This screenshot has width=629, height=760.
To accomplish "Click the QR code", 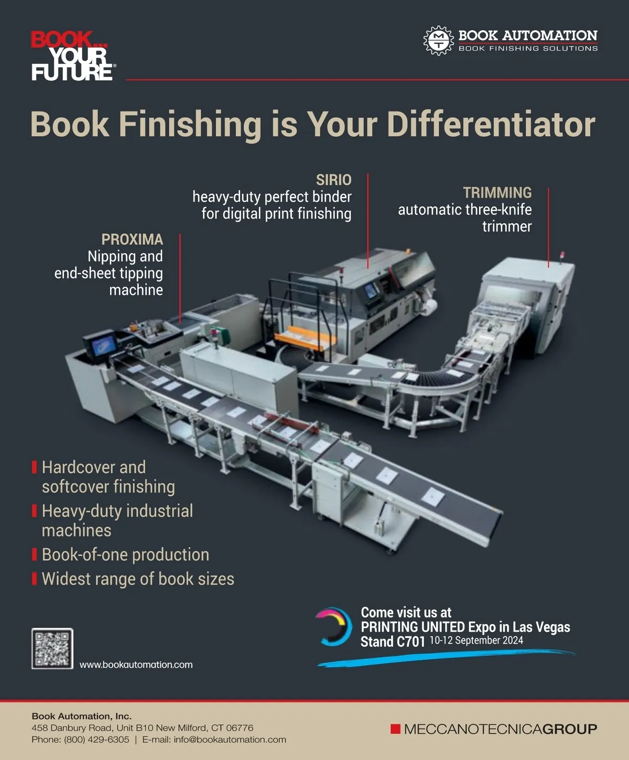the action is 52,649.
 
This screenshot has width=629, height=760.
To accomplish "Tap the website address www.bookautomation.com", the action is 136,665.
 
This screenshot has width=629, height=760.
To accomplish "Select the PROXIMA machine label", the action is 132,240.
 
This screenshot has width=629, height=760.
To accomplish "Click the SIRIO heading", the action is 334,180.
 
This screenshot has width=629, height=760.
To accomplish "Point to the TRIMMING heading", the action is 497,192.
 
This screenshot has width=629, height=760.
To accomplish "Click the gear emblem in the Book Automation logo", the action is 439,40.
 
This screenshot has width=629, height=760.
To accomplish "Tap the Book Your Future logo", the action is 73,56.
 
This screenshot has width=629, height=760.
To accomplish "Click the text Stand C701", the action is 393,642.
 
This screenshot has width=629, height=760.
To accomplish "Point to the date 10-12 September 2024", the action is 476,640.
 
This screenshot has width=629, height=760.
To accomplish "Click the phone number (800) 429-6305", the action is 96,740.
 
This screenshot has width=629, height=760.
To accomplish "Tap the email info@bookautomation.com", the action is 230,740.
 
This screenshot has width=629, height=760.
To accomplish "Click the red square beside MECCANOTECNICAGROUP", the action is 395,729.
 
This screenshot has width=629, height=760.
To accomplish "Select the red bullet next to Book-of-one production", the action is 34,555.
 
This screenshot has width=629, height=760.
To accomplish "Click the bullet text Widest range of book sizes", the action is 138,579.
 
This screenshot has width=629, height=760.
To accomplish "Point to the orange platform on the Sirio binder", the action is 299,338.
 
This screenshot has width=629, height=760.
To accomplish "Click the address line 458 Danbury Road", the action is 143,728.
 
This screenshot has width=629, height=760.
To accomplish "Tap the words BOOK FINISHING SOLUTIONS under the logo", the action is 528,48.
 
